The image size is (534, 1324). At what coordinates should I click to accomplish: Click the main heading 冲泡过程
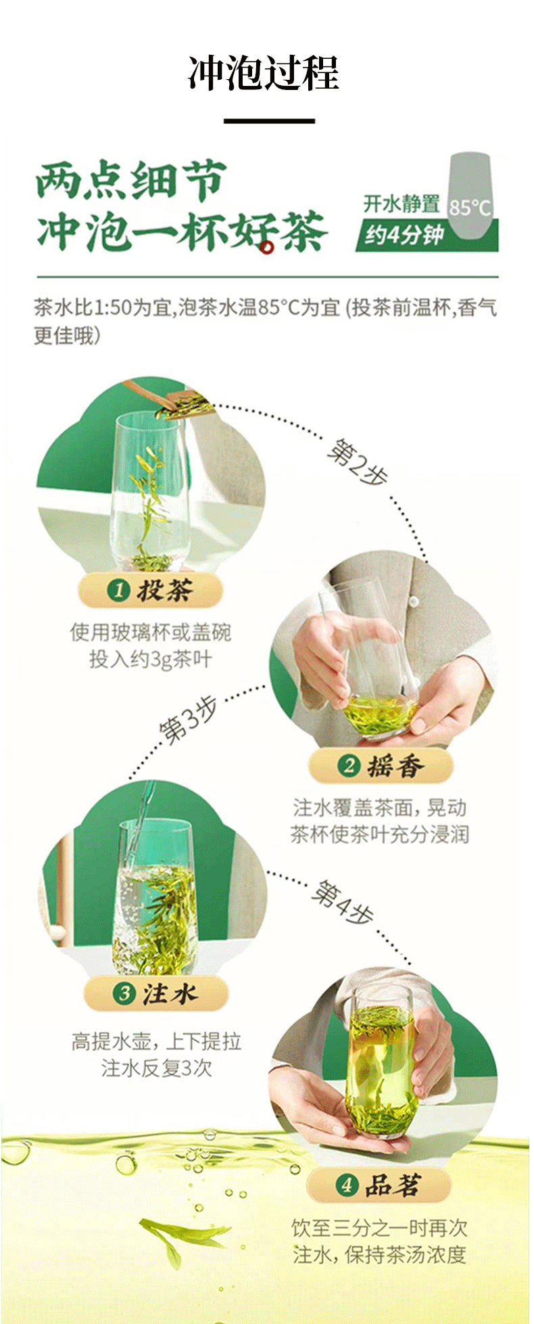point(263,73)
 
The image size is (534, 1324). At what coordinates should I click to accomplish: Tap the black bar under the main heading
point(269,121)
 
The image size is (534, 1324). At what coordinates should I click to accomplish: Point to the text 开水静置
point(402,204)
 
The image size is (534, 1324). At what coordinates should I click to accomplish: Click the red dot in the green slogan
point(267,248)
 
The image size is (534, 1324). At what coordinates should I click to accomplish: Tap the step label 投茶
point(165,590)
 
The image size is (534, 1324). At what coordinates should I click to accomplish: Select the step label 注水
point(170,994)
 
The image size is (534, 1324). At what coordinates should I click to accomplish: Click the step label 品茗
point(393,1185)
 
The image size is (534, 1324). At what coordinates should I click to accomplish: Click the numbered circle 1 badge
point(118,591)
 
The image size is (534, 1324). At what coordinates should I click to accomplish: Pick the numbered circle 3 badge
point(124,994)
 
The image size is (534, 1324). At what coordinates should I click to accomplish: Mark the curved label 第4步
point(342,903)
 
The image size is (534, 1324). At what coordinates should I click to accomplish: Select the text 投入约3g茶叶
point(151,659)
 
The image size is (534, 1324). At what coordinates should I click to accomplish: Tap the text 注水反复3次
point(157,1068)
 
